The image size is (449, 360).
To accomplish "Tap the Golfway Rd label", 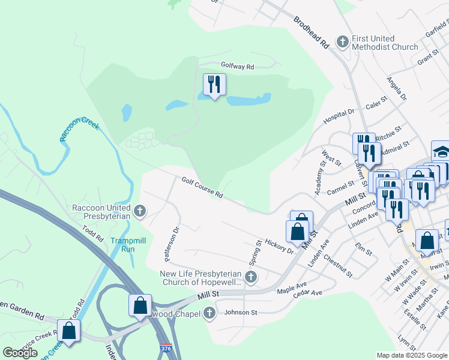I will click(x=237, y=67).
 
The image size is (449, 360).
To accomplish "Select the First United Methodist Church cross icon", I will click(x=343, y=41).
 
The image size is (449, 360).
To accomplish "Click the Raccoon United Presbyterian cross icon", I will click(x=140, y=210).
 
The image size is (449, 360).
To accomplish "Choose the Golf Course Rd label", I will click(x=202, y=187).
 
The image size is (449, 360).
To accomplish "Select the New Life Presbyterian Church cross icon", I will click(x=251, y=277).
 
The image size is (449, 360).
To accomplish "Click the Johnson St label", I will click(x=241, y=313).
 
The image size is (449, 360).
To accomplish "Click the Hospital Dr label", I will click(x=339, y=114).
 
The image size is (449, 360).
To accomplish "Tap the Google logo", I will click(x=20, y=353).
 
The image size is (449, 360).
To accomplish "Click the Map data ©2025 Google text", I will click(x=412, y=355).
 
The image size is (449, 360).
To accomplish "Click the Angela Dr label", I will click(x=396, y=88).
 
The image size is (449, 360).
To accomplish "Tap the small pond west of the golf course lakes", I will click(x=127, y=112).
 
